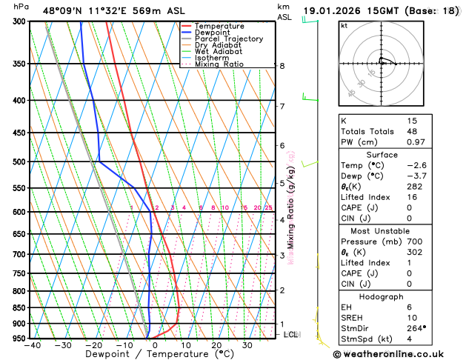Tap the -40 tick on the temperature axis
pos(32,344)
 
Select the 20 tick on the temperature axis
pos(216,344)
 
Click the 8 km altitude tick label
pos(282,66)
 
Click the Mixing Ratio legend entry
pos(223,64)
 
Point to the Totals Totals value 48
pos(412,131)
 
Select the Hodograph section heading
pos(382,296)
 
